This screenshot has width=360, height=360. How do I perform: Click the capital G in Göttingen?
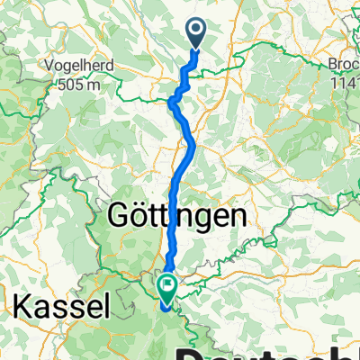[119, 217]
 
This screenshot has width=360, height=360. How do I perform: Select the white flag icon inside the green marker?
[167, 285]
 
